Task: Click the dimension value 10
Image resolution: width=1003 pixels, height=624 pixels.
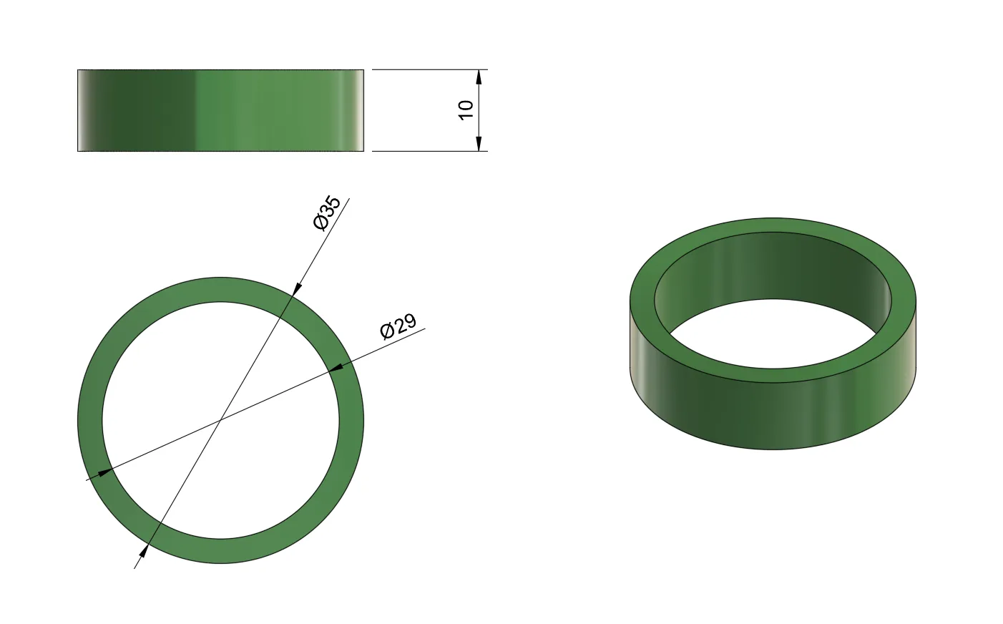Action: (x=466, y=110)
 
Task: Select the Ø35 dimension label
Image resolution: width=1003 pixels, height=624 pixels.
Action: (x=328, y=213)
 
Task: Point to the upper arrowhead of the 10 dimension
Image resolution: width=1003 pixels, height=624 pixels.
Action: (x=479, y=77)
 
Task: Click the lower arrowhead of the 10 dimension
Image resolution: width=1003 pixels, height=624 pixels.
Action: (x=479, y=144)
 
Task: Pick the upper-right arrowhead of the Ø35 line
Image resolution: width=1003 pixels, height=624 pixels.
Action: (x=297, y=289)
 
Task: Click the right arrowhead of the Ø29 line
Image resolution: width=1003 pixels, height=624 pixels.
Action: (x=336, y=367)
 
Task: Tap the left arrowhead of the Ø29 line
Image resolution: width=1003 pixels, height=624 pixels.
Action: (x=104, y=472)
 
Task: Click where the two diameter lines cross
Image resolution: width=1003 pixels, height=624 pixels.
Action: (x=220, y=420)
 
